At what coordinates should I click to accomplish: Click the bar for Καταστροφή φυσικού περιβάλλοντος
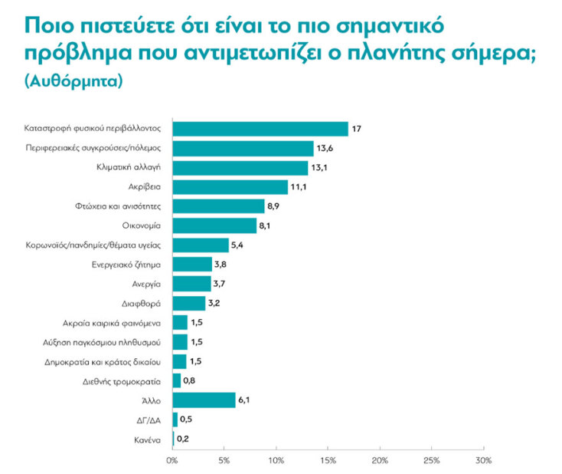pyautogui.click(x=260, y=129)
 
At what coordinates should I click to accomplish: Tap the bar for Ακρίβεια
pyautogui.click(x=230, y=186)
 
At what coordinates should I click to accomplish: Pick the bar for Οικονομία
pyautogui.click(x=215, y=225)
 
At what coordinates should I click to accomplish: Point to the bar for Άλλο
pyautogui.click(x=204, y=400)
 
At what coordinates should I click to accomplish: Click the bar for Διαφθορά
pyautogui.click(x=189, y=303)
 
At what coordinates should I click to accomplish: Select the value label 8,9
pyautogui.click(x=276, y=206)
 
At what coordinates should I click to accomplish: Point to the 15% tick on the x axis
pyautogui.click(x=328, y=461)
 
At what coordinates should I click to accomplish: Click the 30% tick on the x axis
pyautogui.click(x=484, y=461)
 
